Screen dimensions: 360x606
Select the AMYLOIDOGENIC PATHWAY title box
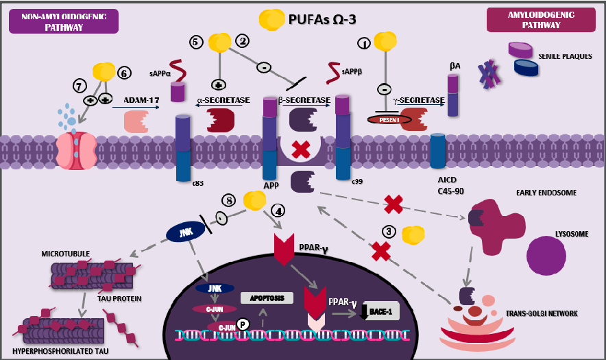point(540,19)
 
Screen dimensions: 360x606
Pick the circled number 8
point(230,200)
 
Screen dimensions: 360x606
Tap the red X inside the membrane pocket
point(298,149)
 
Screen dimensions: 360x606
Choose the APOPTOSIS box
point(267,298)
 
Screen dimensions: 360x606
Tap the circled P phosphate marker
point(241,324)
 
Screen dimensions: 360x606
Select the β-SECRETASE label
point(306,101)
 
